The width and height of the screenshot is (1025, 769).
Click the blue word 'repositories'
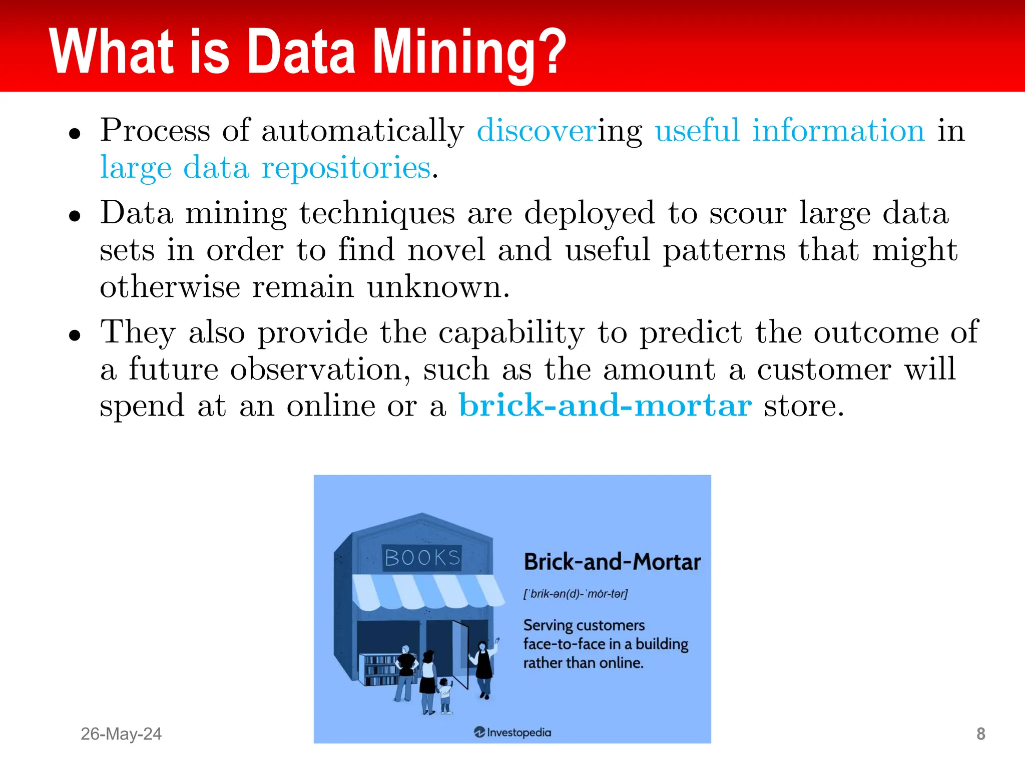pos(346,168)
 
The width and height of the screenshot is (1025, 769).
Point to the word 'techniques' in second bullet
pos(377,213)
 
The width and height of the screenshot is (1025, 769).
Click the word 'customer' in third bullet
pos(824,369)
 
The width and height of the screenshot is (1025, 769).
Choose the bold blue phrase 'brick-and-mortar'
pos(605,406)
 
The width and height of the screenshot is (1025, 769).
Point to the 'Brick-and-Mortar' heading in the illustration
pos(612,562)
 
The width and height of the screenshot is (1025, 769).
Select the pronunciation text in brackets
pos(575,594)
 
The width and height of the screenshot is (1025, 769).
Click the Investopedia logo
pos(512,732)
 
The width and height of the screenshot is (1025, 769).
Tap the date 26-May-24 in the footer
pos(121,734)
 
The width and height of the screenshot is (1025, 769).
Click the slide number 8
pos(980,734)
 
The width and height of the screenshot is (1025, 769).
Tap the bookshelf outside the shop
pos(380,669)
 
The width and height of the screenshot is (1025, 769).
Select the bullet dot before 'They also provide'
pos(75,334)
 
